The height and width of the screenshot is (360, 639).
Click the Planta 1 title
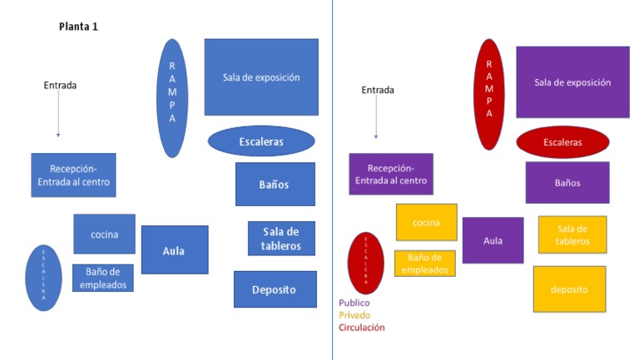[x=78, y=27]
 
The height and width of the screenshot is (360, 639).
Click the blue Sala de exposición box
[x=261, y=77]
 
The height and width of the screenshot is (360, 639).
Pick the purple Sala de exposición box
[x=572, y=82]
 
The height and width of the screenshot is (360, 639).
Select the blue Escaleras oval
[x=261, y=141]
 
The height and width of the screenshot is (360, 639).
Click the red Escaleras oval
[x=562, y=142]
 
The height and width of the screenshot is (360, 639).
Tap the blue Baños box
[x=275, y=184]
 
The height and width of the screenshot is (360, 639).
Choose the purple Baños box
[x=567, y=183]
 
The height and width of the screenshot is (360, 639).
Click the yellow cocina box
[x=426, y=222]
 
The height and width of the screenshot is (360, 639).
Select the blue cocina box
[x=104, y=234]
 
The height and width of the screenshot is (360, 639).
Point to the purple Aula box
[x=493, y=240]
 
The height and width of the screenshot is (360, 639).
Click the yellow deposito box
[x=569, y=289]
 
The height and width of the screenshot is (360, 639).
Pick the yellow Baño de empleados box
[x=424, y=264]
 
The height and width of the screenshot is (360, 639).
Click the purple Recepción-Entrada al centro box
[x=390, y=175]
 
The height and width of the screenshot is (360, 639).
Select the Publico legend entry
[x=354, y=303]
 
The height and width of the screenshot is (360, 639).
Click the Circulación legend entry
[x=361, y=328]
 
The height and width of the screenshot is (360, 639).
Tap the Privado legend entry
[x=354, y=315]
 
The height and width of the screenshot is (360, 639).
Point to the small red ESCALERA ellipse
[x=364, y=263]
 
